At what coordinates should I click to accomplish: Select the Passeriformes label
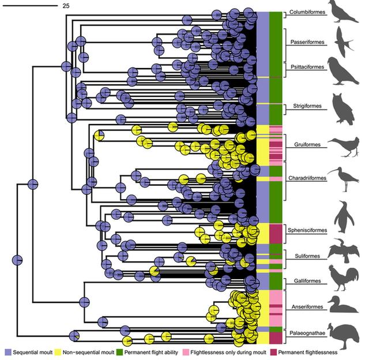(x=306, y=42)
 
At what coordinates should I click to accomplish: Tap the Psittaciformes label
(x=306, y=67)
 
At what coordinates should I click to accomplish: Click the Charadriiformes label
(x=307, y=178)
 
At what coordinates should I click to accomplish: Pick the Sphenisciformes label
(x=307, y=230)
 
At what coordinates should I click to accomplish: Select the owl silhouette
(x=344, y=110)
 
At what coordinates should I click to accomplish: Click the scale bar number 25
(x=66, y=5)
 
